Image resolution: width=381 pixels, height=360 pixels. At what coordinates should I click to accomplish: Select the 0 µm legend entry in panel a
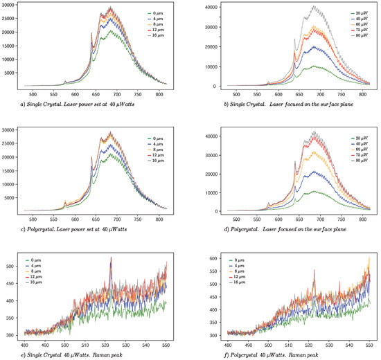[161, 13]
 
